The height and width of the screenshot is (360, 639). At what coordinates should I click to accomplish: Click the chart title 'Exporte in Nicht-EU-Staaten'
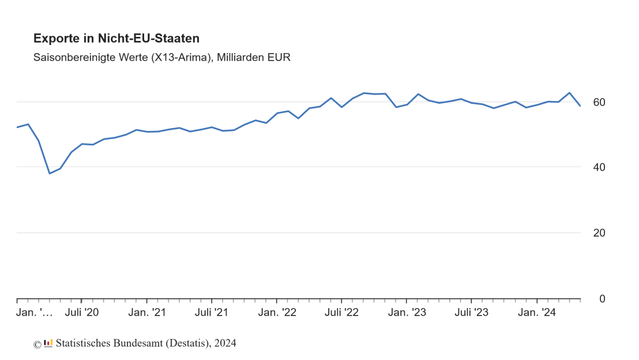click(116, 39)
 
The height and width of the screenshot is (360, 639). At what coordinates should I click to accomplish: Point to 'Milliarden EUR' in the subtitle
click(254, 58)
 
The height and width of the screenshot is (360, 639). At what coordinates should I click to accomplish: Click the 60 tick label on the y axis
click(599, 102)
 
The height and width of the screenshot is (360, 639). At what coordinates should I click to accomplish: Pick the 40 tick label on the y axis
click(599, 167)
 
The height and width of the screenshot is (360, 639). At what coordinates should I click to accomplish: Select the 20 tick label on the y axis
click(599, 233)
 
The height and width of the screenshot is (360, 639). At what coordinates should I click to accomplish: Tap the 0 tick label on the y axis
click(602, 299)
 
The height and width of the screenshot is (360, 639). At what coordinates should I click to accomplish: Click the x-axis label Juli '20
click(82, 313)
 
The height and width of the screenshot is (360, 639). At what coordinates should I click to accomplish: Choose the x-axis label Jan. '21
click(147, 313)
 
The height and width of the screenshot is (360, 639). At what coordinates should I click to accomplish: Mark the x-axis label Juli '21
click(212, 313)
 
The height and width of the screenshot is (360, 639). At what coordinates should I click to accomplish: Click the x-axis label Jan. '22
click(277, 313)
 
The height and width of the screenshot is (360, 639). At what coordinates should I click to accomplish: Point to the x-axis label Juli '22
click(341, 313)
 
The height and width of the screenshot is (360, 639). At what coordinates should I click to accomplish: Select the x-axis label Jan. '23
click(407, 313)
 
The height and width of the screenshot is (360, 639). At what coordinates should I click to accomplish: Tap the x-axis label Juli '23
click(471, 313)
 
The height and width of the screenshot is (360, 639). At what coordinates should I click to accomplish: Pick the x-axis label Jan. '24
click(536, 313)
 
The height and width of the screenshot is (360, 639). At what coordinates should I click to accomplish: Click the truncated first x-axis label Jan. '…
click(35, 313)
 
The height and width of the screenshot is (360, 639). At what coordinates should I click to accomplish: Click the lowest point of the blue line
click(50, 173)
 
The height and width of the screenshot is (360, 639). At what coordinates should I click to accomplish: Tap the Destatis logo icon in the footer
click(48, 343)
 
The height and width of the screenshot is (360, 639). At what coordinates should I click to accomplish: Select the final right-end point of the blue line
click(580, 106)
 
